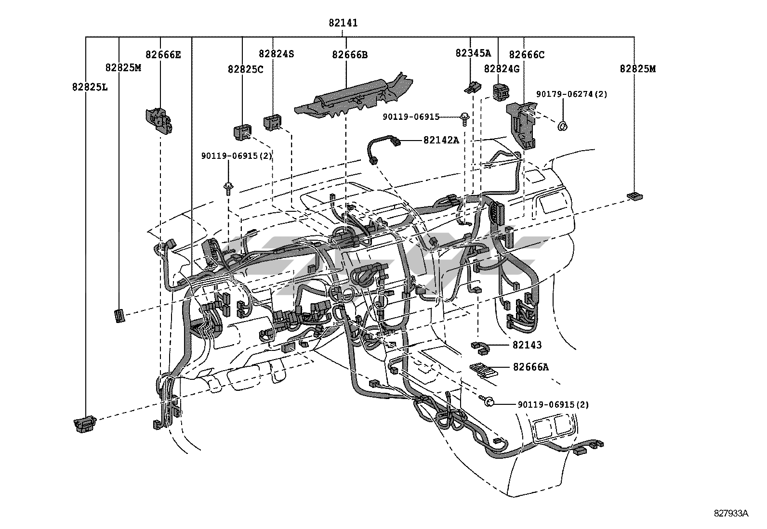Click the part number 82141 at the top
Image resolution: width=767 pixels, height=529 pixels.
pos(343,23)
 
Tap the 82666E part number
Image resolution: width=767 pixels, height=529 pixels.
pos(163,54)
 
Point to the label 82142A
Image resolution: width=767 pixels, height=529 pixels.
pos(441,140)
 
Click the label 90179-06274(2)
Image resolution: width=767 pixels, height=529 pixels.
pos(572,94)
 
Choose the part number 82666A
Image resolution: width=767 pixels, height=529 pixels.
pos(530,367)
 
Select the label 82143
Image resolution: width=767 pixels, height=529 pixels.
pos(527,345)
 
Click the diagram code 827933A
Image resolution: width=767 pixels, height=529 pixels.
pos(731,513)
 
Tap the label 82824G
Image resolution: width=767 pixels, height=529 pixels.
pos(502,69)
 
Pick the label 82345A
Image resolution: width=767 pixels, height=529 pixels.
pos(473,53)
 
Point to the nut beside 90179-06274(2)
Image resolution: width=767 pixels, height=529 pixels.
pos(562,126)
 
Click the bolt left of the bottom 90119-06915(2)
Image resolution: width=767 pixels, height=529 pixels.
pos(488,400)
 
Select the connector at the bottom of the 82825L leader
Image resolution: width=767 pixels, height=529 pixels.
pos(85,423)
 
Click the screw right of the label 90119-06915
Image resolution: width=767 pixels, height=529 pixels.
pos(465,118)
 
